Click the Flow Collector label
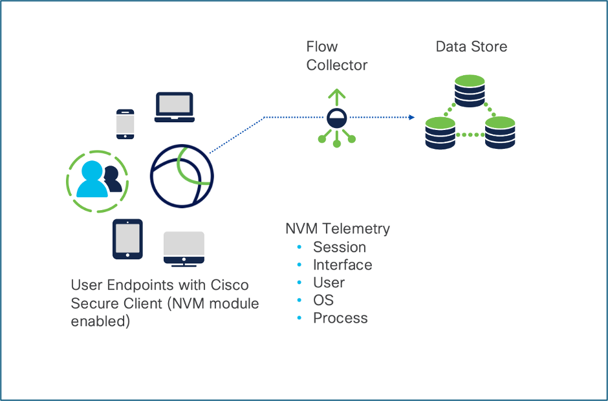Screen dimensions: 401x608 [x=336, y=56]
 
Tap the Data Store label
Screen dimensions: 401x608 [x=471, y=47]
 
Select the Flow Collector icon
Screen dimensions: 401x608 [x=336, y=118]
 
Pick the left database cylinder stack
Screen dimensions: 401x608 [x=440, y=133]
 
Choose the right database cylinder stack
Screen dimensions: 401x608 [x=499, y=133]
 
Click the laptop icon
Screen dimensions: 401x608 [x=174, y=107]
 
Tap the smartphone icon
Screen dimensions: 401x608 [x=125, y=124]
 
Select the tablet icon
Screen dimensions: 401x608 [x=127, y=239]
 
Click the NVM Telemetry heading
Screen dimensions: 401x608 [x=338, y=229]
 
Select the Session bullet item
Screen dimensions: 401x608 [x=339, y=247]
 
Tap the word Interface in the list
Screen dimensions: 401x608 [x=342, y=265]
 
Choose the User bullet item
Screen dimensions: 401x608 [x=329, y=283]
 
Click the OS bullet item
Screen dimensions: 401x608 [x=323, y=301]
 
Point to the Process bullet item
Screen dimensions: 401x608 [x=340, y=318]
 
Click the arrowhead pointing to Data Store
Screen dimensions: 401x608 [x=411, y=117]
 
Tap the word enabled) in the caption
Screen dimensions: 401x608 [x=100, y=321]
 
